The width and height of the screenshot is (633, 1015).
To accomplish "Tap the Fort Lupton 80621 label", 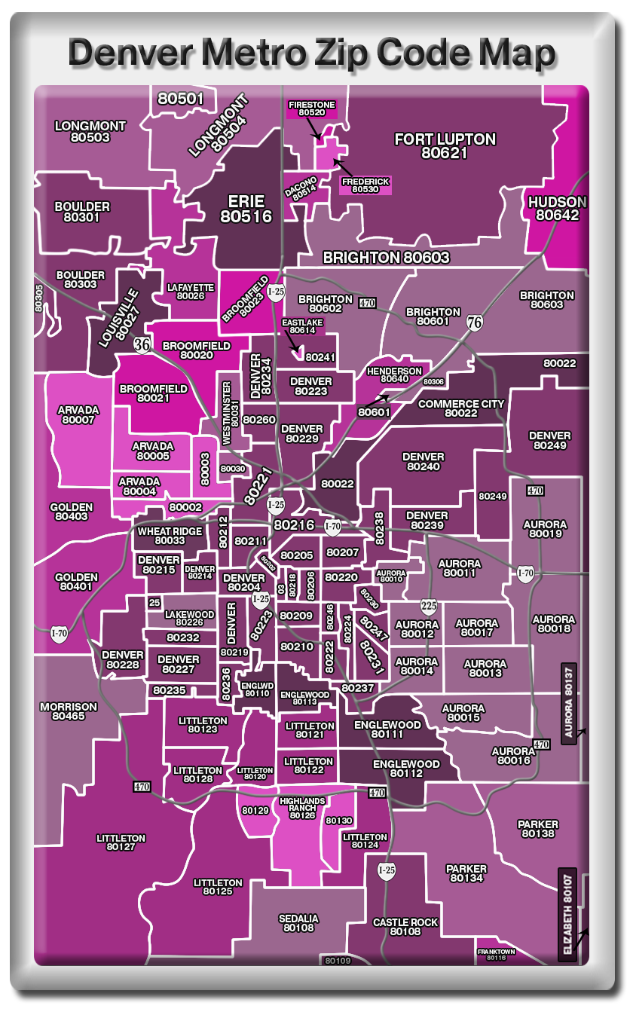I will pyautogui.click(x=445, y=145).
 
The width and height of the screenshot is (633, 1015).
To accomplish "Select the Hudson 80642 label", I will pyautogui.click(x=557, y=209).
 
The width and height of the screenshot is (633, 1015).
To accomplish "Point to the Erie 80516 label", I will pyautogui.click(x=246, y=209).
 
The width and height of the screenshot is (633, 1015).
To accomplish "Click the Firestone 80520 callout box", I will pyautogui.click(x=311, y=109).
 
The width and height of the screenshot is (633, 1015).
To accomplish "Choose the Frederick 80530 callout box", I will pyautogui.click(x=365, y=185).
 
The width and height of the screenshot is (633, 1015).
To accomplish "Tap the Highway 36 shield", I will pyautogui.click(x=142, y=344).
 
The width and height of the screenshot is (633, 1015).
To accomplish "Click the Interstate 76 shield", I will pyautogui.click(x=475, y=322).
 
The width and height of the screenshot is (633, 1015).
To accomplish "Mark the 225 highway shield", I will pyautogui.click(x=429, y=606).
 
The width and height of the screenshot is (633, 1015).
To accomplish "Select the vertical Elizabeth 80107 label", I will pyautogui.click(x=567, y=914).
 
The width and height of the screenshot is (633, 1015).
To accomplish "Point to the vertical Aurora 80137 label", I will pyautogui.click(x=569, y=703).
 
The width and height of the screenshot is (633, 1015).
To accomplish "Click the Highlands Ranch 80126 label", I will pyautogui.click(x=302, y=808).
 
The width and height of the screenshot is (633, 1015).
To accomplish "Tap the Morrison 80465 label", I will pyautogui.click(x=69, y=711).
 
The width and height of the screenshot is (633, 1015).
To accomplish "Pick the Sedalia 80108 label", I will pyautogui.click(x=298, y=923).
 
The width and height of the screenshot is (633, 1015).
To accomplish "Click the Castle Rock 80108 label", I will pyautogui.click(x=405, y=927).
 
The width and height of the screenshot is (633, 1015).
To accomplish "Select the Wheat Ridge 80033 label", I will pyautogui.click(x=170, y=536).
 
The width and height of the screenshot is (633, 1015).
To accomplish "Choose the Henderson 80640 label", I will pyautogui.click(x=394, y=375).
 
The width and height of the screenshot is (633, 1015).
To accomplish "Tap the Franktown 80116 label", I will pyautogui.click(x=496, y=954).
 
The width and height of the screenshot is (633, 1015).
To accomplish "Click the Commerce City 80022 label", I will pyautogui.click(x=460, y=408).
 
